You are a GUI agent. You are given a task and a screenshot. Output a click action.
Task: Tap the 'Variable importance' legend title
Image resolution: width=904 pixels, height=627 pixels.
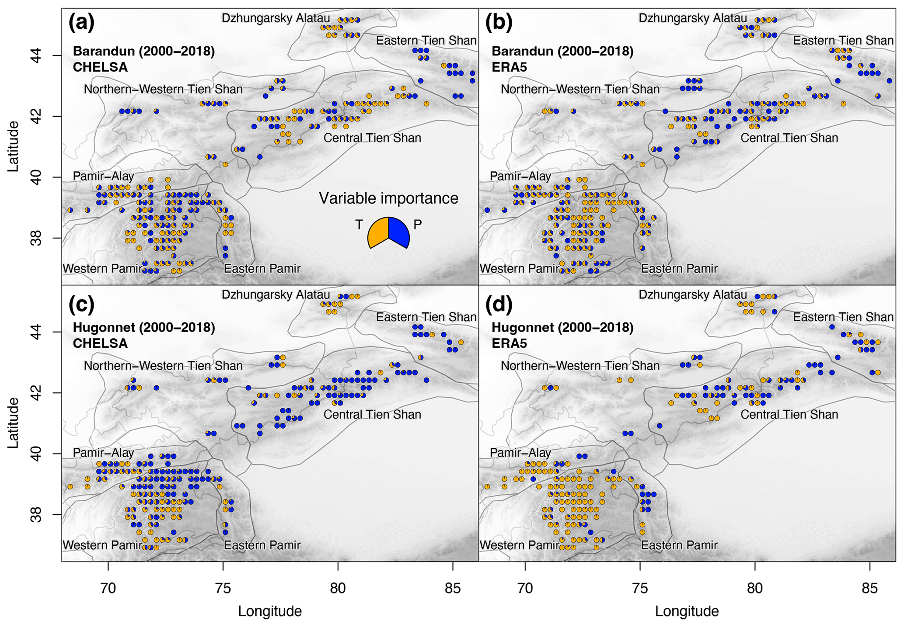pyautogui.click(x=388, y=198)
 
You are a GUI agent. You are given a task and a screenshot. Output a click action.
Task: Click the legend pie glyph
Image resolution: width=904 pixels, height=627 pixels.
pyautogui.click(x=388, y=232)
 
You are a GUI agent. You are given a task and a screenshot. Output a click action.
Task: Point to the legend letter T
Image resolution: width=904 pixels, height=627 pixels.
pyautogui.click(x=359, y=225)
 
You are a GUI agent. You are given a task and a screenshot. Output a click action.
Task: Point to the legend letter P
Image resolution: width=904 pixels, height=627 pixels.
pyautogui.click(x=418, y=225)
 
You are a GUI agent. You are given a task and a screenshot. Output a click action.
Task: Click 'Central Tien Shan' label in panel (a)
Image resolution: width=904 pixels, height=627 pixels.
pyautogui.click(x=372, y=138)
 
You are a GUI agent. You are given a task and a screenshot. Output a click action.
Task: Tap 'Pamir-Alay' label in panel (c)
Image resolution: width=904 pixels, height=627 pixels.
pyautogui.click(x=103, y=453)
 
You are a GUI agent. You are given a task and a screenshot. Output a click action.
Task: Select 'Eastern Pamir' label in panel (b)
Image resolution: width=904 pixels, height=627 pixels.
pyautogui.click(x=679, y=268)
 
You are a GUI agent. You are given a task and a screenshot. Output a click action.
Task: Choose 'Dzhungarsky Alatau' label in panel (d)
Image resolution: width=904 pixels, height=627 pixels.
pyautogui.click(x=693, y=295)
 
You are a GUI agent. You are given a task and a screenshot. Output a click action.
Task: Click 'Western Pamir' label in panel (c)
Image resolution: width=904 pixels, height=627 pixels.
pyautogui.click(x=102, y=545)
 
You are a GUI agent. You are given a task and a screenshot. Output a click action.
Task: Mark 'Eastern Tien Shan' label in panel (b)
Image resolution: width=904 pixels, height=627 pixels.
pyautogui.click(x=843, y=41)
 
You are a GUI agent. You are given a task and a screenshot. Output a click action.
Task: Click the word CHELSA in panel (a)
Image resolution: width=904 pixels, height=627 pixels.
pyautogui.click(x=100, y=67)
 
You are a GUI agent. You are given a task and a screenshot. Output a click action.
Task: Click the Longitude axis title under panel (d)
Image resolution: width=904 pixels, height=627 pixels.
pyautogui.click(x=687, y=611)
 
